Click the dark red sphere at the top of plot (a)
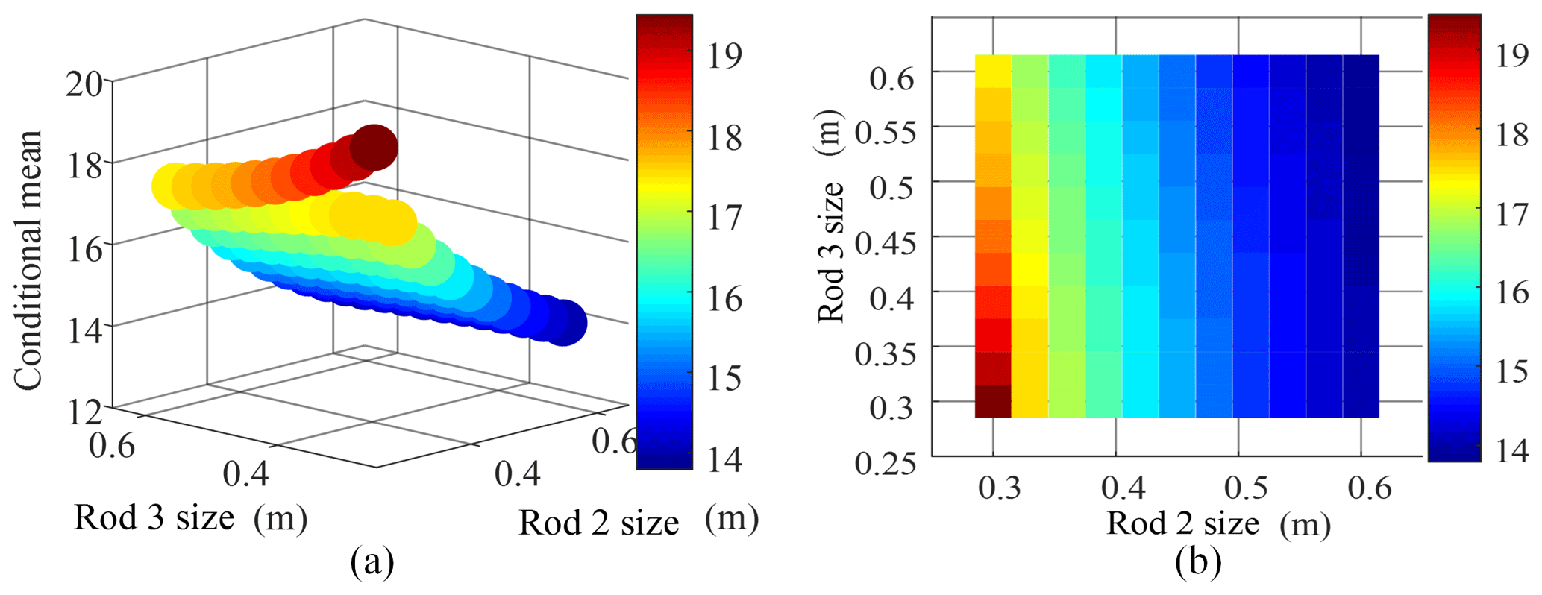point(374,148)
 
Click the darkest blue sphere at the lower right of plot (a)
point(565,323)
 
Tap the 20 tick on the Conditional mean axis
point(84,84)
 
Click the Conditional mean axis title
point(28,260)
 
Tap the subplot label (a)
point(372,563)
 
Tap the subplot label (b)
point(1197,563)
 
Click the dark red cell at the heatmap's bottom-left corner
point(993,401)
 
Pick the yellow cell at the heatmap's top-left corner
point(993,71)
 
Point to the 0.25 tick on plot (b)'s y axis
point(886,463)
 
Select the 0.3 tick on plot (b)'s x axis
point(998,488)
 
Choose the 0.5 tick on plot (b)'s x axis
point(1246,488)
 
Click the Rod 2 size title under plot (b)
point(1218,523)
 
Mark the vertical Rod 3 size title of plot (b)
point(831,216)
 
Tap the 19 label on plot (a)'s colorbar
point(724,55)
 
